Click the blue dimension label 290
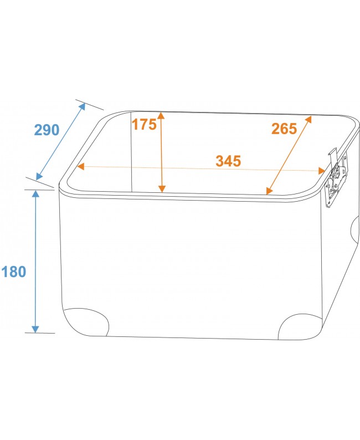point(47,130)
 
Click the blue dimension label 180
point(14,272)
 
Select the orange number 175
point(144,124)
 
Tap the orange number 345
point(228,161)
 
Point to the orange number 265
point(284,129)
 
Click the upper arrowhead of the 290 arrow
point(82,107)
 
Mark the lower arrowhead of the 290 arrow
point(39,176)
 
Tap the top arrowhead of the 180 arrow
point(35,193)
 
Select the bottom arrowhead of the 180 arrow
point(35,329)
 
